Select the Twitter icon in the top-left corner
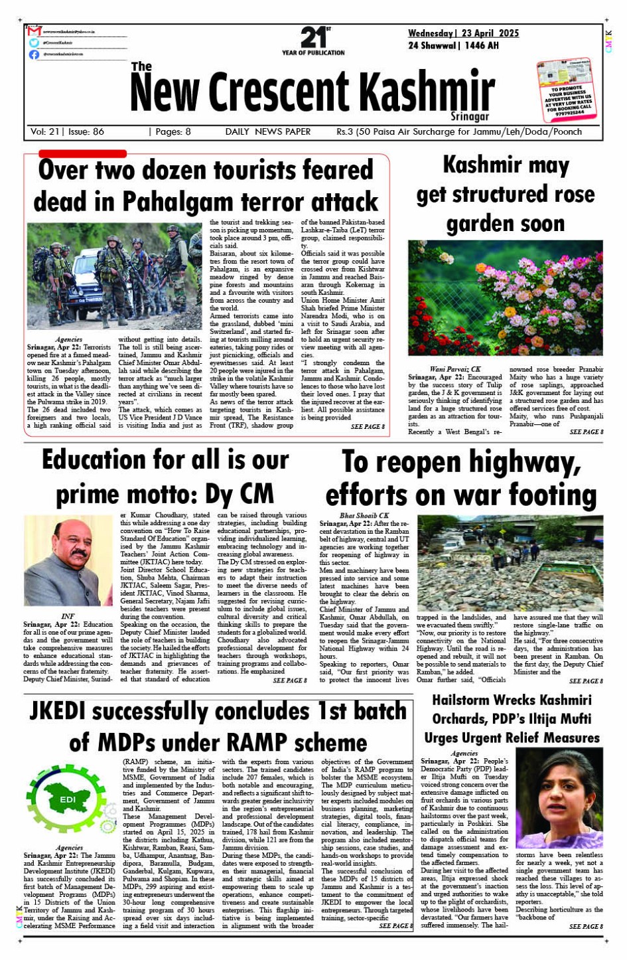click(34, 42)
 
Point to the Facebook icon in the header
click(34, 54)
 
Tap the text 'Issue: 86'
click(86, 131)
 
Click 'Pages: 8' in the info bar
click(173, 131)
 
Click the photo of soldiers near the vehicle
click(114, 276)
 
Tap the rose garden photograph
click(505, 298)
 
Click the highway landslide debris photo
click(510, 563)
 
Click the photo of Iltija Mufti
click(559, 798)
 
